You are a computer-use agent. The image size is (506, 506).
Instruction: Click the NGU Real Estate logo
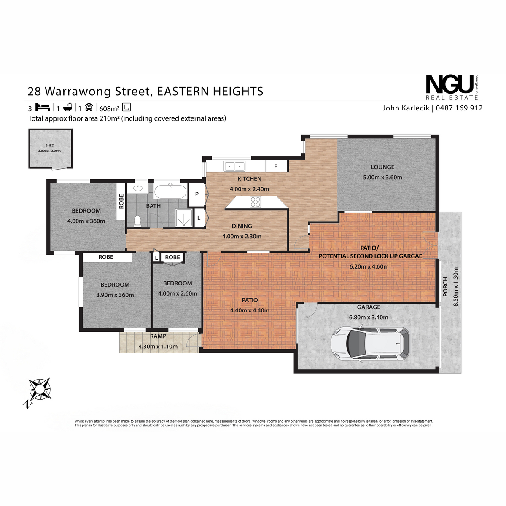point(453,87)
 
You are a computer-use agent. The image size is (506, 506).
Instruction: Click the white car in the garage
point(370,343)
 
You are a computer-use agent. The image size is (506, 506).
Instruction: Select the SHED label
point(50,145)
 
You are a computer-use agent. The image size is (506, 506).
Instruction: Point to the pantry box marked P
point(196,194)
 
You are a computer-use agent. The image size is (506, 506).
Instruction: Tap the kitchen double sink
point(234,166)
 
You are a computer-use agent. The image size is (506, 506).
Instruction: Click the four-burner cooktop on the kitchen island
point(255,202)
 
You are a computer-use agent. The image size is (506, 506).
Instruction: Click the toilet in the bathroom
point(137,221)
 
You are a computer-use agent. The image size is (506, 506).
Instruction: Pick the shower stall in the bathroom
point(184,218)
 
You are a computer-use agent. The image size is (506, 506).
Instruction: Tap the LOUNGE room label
point(382,167)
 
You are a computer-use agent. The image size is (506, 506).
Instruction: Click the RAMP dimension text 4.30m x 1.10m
point(158,346)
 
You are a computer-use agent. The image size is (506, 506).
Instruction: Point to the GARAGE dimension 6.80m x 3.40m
point(369,317)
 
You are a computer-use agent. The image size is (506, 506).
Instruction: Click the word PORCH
point(445,287)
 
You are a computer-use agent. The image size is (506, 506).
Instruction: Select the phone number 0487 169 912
point(459,108)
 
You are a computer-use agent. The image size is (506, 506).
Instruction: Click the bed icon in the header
point(43,107)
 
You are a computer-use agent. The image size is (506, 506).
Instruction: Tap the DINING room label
point(242,226)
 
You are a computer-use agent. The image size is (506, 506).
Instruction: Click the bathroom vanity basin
point(137,188)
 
